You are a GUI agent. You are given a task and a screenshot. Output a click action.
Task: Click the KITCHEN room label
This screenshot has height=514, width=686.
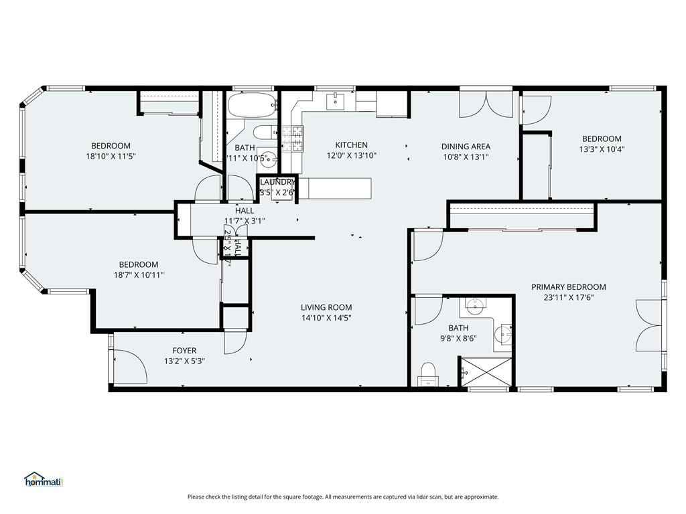[x=351, y=145]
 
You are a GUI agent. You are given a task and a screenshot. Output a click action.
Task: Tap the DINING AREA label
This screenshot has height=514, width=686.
[x=466, y=147]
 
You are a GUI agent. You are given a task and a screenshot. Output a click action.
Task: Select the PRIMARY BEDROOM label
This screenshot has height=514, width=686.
[x=568, y=287]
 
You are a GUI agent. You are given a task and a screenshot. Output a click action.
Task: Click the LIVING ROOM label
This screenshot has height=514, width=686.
[x=326, y=307]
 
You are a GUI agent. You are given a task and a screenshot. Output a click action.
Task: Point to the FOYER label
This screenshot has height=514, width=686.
[x=184, y=350]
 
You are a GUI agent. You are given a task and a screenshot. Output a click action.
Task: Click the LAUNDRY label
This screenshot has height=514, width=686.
[x=277, y=182]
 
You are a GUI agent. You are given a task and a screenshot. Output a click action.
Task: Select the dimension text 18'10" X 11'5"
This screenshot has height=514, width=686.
[x=111, y=157]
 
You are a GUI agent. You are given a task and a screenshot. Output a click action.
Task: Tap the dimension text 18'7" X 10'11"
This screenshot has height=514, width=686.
[x=139, y=275]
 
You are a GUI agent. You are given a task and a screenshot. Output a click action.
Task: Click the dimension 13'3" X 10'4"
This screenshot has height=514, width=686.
[x=601, y=150]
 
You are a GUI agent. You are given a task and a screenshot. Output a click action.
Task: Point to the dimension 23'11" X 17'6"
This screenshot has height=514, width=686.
[x=568, y=298]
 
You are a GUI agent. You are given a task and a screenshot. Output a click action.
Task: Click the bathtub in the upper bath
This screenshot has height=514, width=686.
[x=251, y=105]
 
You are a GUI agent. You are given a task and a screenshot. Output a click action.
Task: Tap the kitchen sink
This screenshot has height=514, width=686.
[x=335, y=101]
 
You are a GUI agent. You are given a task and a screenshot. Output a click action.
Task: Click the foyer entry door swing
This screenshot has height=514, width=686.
[x=131, y=366]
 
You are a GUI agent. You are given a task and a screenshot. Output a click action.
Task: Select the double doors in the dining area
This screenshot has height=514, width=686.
[x=486, y=104]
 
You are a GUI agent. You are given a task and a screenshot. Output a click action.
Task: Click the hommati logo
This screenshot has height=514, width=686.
[x=43, y=479]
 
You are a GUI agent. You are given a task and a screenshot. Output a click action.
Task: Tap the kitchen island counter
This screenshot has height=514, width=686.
[x=334, y=188]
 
